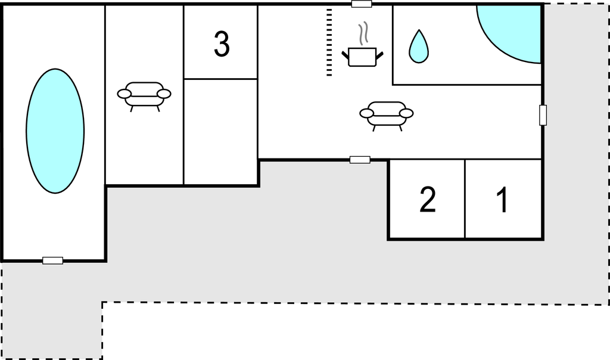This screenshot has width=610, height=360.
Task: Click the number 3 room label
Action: click(x=222, y=44)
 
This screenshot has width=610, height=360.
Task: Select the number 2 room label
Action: click(x=428, y=200)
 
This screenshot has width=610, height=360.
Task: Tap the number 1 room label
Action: click(x=503, y=200)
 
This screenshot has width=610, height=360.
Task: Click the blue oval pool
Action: click(x=55, y=131)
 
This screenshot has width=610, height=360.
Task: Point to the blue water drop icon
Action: click(x=419, y=46)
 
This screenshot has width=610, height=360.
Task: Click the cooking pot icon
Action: click(x=362, y=57)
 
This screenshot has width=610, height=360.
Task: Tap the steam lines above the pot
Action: click(x=363, y=33)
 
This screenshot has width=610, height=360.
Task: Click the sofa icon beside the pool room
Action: click(x=144, y=96)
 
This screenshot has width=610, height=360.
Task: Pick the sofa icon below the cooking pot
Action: click(x=386, y=116)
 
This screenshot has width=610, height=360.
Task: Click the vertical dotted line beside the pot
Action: click(x=329, y=42)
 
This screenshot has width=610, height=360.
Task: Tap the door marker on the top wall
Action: click(x=362, y=4)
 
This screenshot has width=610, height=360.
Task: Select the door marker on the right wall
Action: click(x=543, y=115)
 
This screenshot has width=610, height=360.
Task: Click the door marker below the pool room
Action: click(x=52, y=260)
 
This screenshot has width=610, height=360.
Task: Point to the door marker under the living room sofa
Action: click(x=360, y=160)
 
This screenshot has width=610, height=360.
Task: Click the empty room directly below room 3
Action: click(x=220, y=132)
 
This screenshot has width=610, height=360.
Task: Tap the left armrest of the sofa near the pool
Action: click(x=124, y=94)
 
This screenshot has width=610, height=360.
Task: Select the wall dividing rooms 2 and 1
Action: click(x=465, y=198)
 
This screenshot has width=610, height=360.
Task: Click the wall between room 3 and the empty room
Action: click(x=220, y=79)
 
